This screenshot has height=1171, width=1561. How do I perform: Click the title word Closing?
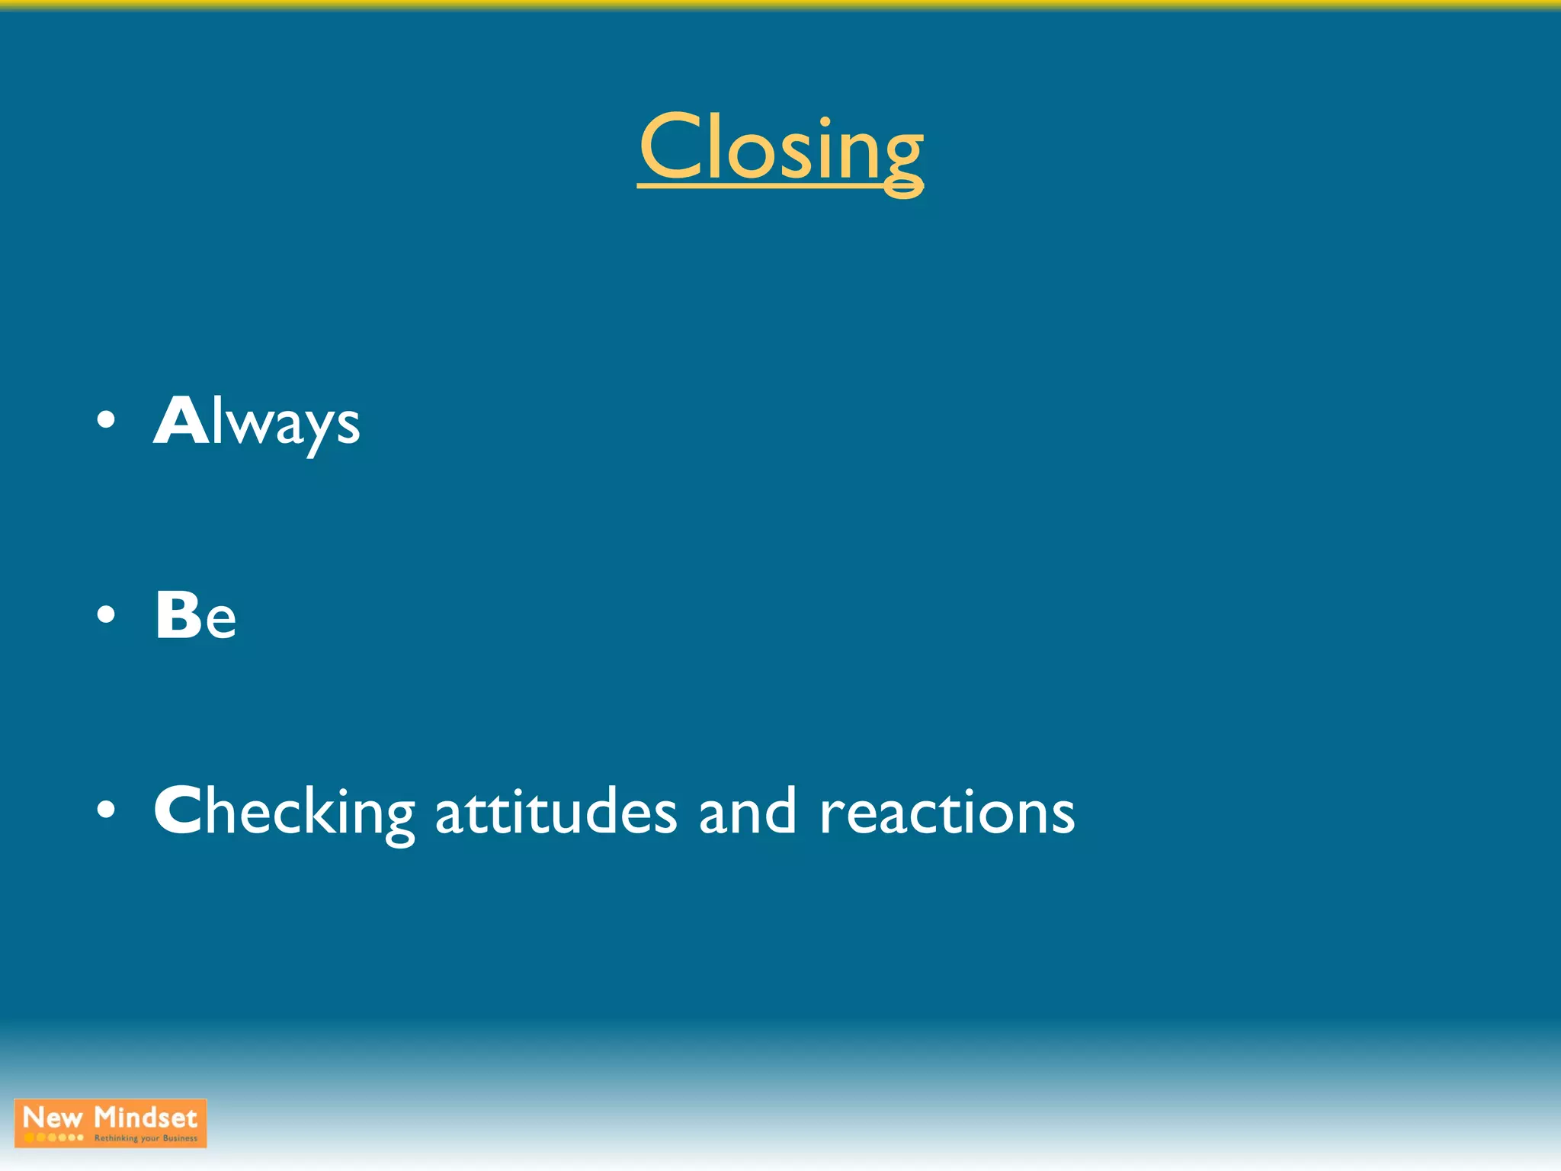780,149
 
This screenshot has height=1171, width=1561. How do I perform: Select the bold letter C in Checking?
177,811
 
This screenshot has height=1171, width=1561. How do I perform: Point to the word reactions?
947,813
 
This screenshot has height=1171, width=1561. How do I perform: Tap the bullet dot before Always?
107,420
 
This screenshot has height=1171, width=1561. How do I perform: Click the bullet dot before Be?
107,614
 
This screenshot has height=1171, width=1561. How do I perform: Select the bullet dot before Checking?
107,811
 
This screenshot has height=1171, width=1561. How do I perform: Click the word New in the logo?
53,1118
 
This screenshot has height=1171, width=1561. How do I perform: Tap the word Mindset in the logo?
146,1118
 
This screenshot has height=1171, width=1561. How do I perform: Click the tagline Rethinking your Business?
146,1138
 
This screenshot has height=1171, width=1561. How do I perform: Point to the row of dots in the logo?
53,1137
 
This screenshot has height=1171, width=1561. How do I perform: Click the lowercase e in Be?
220,621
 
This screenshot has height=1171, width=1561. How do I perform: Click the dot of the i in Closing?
825,121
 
